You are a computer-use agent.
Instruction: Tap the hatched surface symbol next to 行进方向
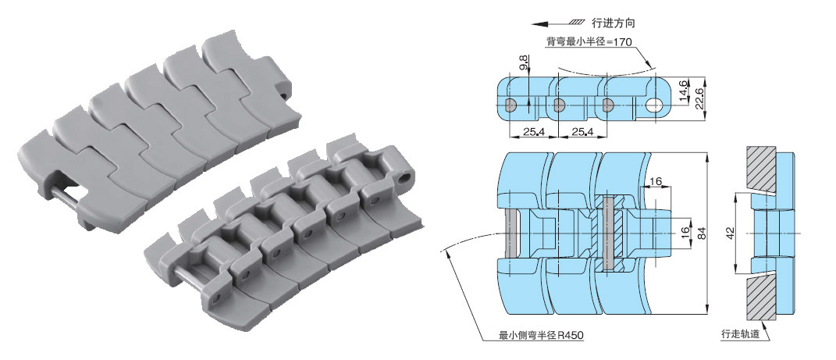tap(576, 23)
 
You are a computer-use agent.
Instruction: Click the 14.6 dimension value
tap(683, 91)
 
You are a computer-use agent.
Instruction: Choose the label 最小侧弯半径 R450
tap(541, 337)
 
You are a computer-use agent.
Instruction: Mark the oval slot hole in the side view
tap(657, 105)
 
